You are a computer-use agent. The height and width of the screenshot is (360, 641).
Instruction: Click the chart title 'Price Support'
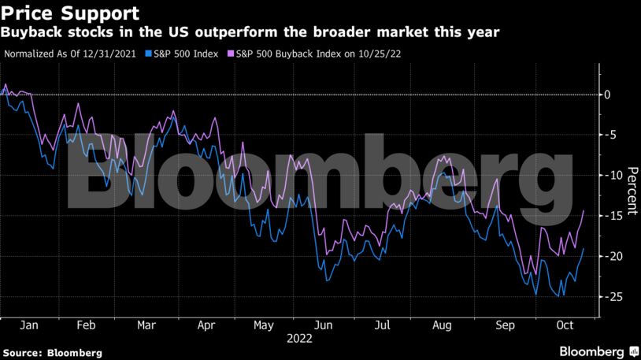71,13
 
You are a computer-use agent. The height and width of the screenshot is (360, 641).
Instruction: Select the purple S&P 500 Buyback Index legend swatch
230,54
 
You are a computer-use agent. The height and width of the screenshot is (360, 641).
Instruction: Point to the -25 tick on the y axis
610,297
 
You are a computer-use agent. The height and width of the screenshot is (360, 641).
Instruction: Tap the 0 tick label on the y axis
607,95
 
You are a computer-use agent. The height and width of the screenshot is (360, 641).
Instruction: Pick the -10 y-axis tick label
610,176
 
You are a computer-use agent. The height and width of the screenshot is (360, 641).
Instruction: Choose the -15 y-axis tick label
610,216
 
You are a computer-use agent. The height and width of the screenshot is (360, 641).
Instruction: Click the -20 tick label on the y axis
610,257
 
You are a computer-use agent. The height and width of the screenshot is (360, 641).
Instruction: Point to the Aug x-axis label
443,325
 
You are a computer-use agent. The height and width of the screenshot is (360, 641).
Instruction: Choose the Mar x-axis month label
146,325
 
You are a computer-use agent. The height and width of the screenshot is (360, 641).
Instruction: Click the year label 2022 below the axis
299,339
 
